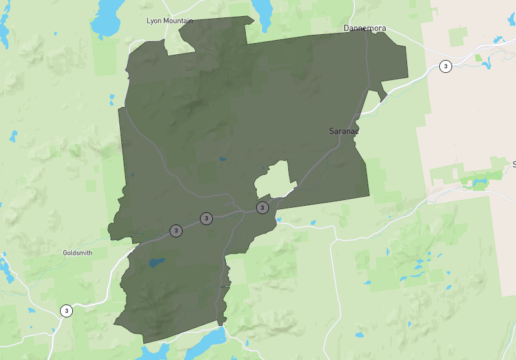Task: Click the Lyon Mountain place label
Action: pos(170,21)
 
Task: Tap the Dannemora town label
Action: pos(364,28)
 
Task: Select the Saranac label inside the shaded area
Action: pos(343,131)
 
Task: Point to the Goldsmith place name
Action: pos(77,253)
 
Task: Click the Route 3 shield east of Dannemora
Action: pos(445,66)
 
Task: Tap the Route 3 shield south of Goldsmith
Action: pos(66,311)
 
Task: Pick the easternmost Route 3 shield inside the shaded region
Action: pos(263,207)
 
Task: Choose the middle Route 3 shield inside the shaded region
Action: pos(206,219)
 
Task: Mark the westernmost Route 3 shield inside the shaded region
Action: pos(175,230)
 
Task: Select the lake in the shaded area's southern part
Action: pos(155,263)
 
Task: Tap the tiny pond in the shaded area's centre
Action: pos(223,159)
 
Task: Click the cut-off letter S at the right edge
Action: pos(513,164)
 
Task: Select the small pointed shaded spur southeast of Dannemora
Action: pos(382,95)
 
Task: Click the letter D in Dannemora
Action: pos(346,28)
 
